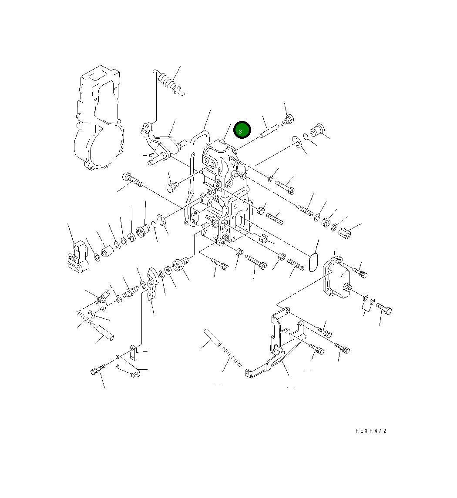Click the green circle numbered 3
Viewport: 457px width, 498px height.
[x=242, y=130]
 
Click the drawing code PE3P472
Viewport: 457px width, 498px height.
[x=370, y=431]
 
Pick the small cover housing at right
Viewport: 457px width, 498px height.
[x=336, y=277]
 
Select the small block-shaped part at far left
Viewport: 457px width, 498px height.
[x=77, y=256]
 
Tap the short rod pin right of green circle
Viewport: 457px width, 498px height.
[x=269, y=131]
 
